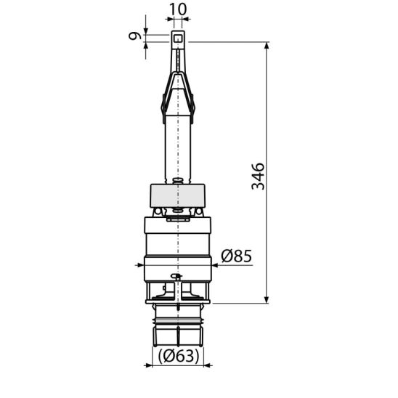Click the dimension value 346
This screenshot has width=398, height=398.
[x=258, y=176]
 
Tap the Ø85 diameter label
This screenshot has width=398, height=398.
[x=237, y=256]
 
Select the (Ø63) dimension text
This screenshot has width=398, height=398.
[x=179, y=356]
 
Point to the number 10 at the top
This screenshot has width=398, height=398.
[x=178, y=9]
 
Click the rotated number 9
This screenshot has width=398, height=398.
[x=134, y=36]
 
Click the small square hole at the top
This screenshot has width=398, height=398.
[x=178, y=38]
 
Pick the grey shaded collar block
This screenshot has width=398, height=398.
[x=178, y=195]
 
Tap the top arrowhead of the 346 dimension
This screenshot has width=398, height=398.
[x=267, y=46]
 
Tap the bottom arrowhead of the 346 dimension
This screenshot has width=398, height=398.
[x=267, y=299]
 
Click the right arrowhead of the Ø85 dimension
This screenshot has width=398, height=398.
[x=215, y=265]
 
